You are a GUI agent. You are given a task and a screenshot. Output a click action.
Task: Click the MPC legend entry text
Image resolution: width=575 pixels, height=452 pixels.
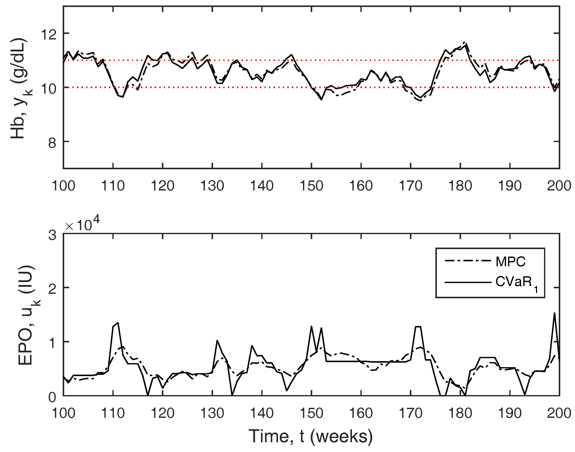(510, 262)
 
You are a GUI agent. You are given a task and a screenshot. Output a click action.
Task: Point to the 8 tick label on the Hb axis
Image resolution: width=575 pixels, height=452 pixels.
(52, 143)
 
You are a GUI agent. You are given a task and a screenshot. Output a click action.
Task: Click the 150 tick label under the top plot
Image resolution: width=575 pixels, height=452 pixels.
(311, 186)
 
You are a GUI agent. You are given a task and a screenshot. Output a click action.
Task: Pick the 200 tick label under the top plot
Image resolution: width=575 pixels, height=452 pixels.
(559, 186)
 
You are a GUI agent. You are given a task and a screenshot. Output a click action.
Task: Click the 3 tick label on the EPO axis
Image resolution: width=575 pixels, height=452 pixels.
(52, 235)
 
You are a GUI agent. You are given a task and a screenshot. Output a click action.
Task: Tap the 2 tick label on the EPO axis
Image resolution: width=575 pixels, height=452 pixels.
(52, 289)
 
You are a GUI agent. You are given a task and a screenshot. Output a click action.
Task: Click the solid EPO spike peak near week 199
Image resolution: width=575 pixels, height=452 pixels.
(555, 313)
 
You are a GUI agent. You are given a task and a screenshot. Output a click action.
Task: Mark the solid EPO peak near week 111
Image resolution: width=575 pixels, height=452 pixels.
(118, 323)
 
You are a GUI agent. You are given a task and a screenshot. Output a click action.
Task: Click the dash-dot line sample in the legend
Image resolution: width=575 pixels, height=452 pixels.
(468, 261)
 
